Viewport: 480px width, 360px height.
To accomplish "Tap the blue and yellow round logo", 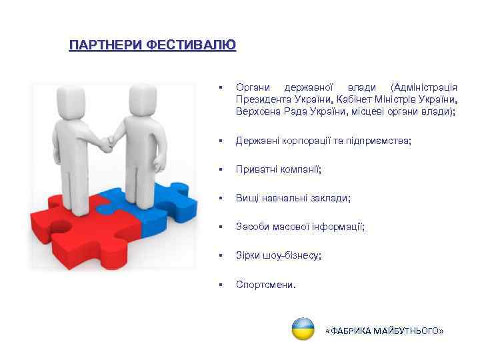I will pyautogui.click(x=303, y=329).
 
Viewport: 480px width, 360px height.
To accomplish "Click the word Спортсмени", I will pyautogui.click(x=265, y=285).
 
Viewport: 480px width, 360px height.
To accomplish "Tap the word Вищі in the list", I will pyautogui.click(x=248, y=199).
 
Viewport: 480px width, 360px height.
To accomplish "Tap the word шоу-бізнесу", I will pyautogui.click(x=291, y=256).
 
